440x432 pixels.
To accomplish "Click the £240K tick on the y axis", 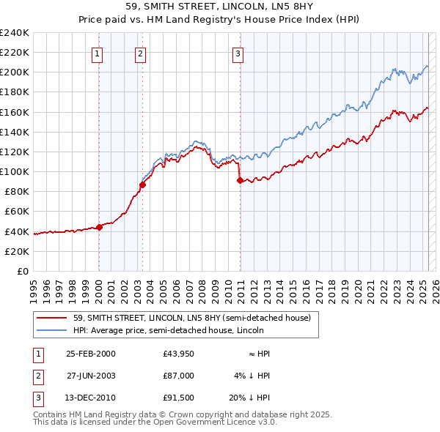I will [x=15, y=33].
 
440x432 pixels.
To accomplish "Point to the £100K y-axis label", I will [x=15, y=171].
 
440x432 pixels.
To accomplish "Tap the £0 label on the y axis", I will [x=23, y=271].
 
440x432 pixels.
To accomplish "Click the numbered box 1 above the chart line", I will [x=98, y=53].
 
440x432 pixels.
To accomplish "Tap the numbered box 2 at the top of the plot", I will [x=140, y=53].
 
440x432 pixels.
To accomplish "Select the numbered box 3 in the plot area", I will [x=238, y=53].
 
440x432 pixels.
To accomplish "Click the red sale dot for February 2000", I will [x=100, y=227].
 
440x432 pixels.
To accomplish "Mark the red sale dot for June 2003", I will [x=142, y=185].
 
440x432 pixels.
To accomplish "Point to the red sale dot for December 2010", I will [x=240, y=180].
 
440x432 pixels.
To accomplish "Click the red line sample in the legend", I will [x=52, y=318].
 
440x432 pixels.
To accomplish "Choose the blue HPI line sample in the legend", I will [x=52, y=329].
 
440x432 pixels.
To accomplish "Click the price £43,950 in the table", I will [x=179, y=354].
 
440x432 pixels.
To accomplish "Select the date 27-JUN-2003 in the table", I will [x=91, y=376].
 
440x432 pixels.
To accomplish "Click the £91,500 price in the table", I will [x=179, y=399].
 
